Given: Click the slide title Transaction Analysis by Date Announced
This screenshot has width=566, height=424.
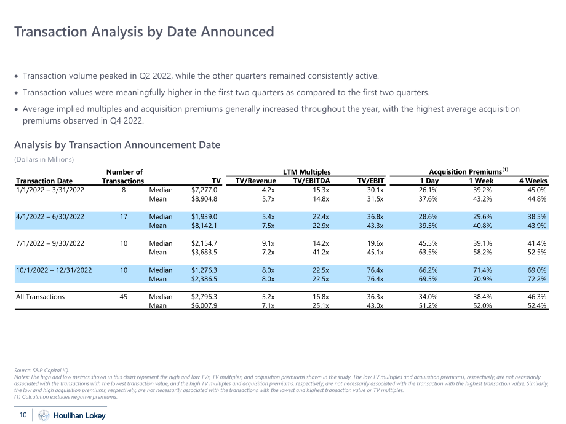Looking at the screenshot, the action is pyautogui.click(x=144, y=32).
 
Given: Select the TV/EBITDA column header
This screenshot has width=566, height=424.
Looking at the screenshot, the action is pyautogui.click(x=311, y=181).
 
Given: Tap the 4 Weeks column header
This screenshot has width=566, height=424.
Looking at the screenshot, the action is pyautogui.click(x=533, y=181).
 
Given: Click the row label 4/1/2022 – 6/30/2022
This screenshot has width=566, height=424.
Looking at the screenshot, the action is pyautogui.click(x=50, y=217).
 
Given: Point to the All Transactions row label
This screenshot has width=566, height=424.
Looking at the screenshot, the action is pyautogui.click(x=41, y=297).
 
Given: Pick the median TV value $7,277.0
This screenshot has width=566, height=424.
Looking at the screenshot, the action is pyautogui.click(x=204, y=190).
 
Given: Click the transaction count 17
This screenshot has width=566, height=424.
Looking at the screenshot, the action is pyautogui.click(x=124, y=217).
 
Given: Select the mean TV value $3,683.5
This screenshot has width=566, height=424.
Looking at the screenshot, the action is pyautogui.click(x=204, y=252).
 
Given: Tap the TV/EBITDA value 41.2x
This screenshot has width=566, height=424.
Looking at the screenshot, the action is pyautogui.click(x=321, y=252).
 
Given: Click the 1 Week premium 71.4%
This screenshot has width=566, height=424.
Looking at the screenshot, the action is pyautogui.click(x=482, y=270).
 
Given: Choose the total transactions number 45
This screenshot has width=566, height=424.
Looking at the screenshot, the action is pyautogui.click(x=124, y=297).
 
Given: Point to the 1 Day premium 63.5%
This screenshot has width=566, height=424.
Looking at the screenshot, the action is pyautogui.click(x=428, y=252).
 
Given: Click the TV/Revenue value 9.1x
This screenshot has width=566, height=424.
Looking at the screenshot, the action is pyautogui.click(x=268, y=243).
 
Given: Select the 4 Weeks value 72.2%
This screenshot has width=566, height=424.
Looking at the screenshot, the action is pyautogui.click(x=537, y=279).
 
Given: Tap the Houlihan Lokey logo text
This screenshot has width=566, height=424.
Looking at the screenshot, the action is pyautogui.click(x=79, y=415).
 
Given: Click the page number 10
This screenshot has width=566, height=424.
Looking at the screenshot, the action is pyautogui.click(x=23, y=415).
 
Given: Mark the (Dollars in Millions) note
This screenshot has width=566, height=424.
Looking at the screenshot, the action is pyautogui.click(x=44, y=159).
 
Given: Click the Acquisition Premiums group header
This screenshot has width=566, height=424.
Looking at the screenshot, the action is pyautogui.click(x=469, y=171).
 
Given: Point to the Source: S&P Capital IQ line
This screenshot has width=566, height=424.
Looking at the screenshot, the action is pyautogui.click(x=41, y=371).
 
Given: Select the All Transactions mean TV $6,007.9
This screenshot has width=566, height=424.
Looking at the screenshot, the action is pyautogui.click(x=204, y=305).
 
